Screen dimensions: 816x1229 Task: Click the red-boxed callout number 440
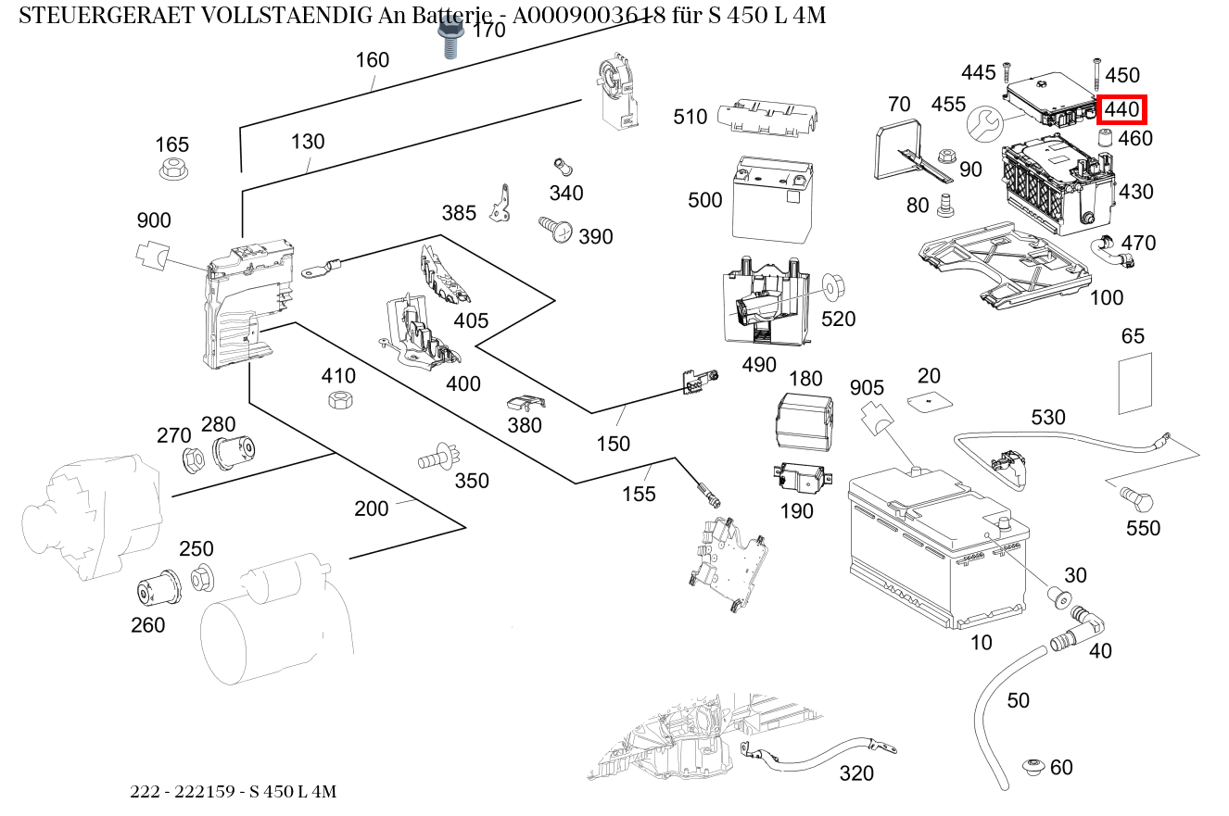[x=1121, y=109]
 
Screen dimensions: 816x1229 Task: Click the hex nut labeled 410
[x=338, y=400]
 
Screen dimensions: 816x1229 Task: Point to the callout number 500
[x=705, y=200]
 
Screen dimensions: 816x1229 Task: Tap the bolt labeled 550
[x=1136, y=499]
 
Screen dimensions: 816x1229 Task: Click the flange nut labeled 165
[x=171, y=169]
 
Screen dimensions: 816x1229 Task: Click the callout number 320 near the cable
[x=855, y=772]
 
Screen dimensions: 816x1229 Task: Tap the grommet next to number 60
[x=1033, y=767]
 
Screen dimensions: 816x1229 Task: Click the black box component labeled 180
[x=804, y=421]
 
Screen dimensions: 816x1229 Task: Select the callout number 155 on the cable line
[x=639, y=494]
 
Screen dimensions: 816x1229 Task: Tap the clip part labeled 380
[x=526, y=403]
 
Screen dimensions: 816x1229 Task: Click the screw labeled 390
[x=556, y=229]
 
